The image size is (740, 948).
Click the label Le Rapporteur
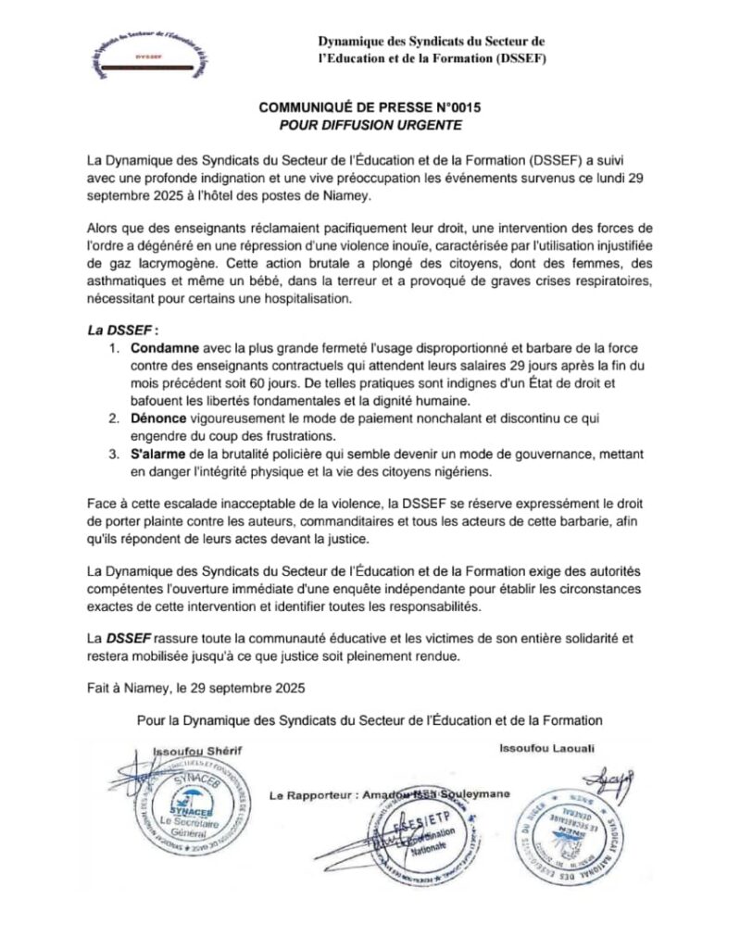pyautogui.click(x=306, y=795)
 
